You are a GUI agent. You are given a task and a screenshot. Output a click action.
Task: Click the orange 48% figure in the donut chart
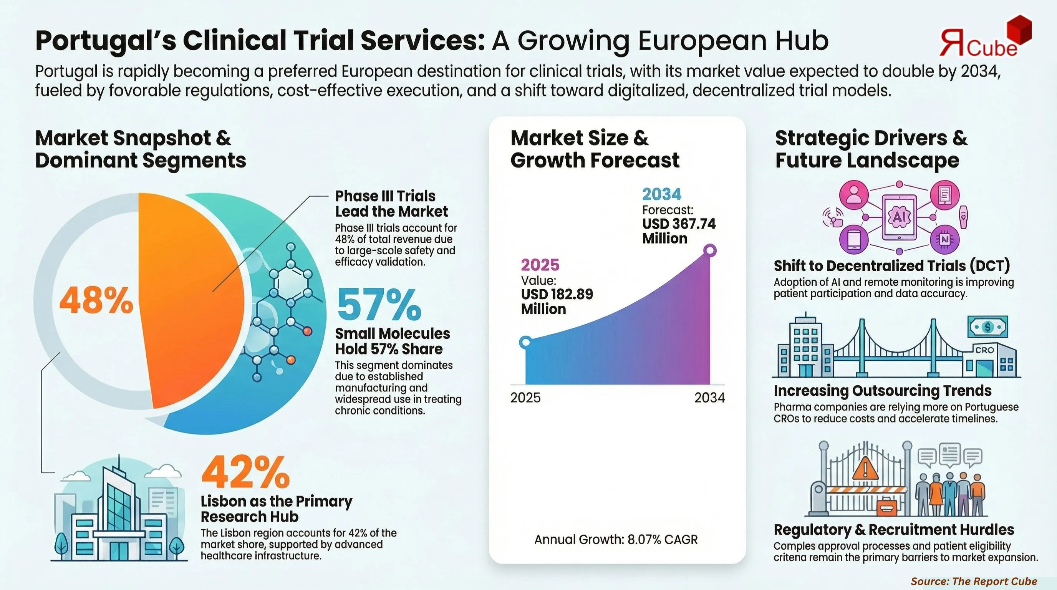pyautogui.click(x=96, y=301)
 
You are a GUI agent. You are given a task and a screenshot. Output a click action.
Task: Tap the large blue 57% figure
pyautogui.click(x=379, y=305)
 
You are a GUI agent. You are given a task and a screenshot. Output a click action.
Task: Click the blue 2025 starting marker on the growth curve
pyautogui.click(x=525, y=342)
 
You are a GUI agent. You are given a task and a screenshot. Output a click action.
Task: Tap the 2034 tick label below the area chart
pyautogui.click(x=709, y=398)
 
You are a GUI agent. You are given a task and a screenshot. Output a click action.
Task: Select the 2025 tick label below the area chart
pyautogui.click(x=525, y=398)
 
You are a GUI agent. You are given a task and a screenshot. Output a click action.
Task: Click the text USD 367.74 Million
pyautogui.click(x=678, y=231)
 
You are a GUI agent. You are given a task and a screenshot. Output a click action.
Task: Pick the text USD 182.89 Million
pyautogui.click(x=557, y=302)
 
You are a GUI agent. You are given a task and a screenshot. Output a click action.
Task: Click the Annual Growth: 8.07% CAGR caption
pyautogui.click(x=615, y=539)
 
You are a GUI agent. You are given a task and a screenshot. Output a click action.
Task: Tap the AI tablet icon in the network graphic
pyautogui.click(x=899, y=217)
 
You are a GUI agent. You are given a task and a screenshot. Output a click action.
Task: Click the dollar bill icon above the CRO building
pyautogui.click(x=987, y=327)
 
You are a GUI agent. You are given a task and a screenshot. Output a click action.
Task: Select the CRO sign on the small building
pyautogui.click(x=984, y=350)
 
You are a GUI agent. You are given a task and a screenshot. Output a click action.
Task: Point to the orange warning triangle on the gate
pyautogui.click(x=865, y=469)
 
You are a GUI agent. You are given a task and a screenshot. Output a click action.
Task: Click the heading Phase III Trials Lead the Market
pyautogui.click(x=391, y=204)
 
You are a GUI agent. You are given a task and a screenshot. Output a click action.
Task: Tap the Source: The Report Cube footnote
pyautogui.click(x=974, y=581)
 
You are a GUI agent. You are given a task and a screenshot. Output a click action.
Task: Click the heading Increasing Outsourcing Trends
pyautogui.click(x=882, y=391)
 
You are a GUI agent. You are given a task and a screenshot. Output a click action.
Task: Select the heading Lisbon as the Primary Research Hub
pyautogui.click(x=276, y=509)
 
